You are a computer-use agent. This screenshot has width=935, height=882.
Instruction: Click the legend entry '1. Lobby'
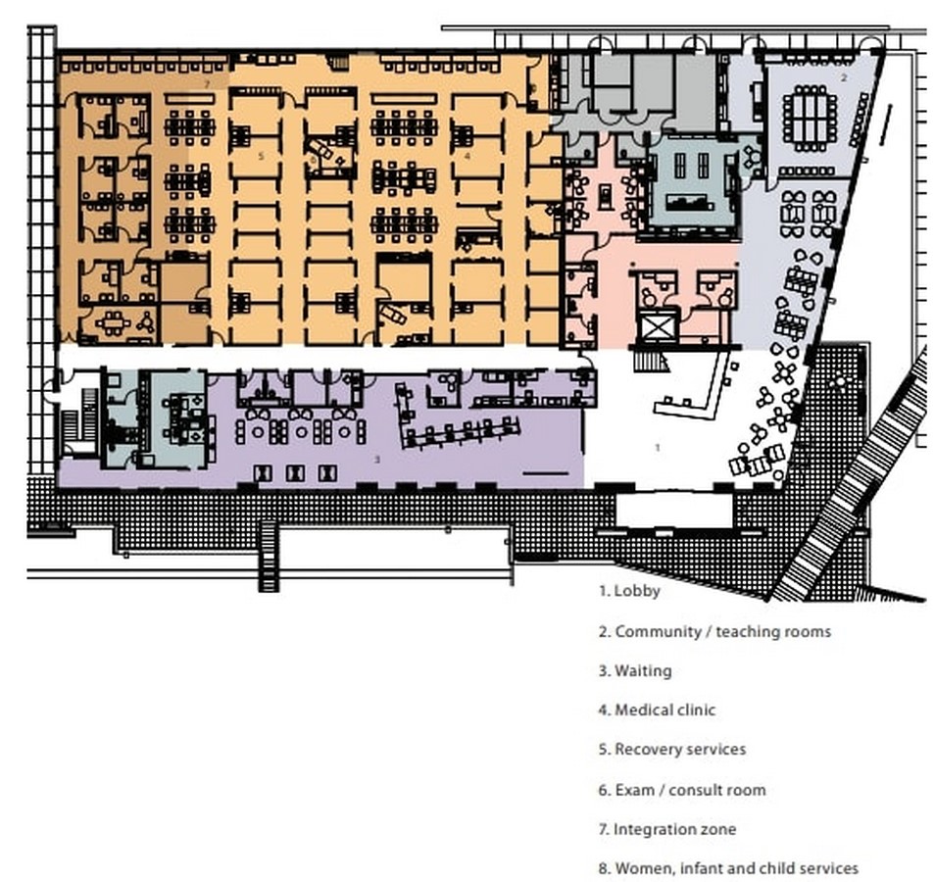[x=629, y=591]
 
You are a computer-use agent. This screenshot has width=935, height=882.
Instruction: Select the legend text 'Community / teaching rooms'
[x=722, y=631]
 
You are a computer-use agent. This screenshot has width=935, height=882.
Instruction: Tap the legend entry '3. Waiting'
[x=635, y=671]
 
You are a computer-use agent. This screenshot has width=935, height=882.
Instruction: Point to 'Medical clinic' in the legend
[x=664, y=710]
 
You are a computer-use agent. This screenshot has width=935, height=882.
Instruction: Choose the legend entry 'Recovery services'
[x=680, y=749]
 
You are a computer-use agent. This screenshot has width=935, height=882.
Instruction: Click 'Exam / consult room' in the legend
[x=691, y=790]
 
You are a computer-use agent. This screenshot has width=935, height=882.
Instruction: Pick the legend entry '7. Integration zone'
[x=667, y=829]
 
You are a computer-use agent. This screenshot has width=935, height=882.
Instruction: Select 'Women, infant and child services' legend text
[x=736, y=868]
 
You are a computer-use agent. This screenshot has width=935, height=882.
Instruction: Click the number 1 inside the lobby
[x=658, y=447]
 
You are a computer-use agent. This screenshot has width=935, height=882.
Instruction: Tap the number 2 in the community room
[x=844, y=77]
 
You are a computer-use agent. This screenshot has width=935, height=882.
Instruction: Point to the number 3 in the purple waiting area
[x=377, y=460]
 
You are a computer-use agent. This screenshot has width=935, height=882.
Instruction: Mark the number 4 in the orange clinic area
[x=467, y=156]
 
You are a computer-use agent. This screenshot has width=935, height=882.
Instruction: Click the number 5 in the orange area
[x=261, y=156]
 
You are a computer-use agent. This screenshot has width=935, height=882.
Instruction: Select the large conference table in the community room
[x=810, y=118]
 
